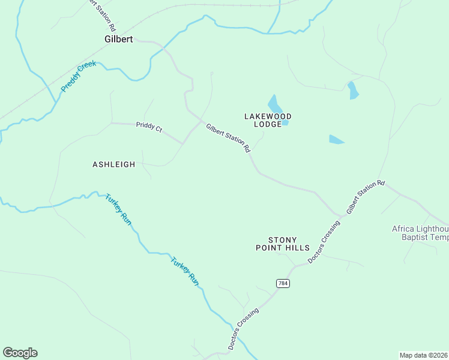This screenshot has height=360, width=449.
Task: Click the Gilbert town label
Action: (118, 39)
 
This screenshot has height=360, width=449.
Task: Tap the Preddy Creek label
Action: (78, 76)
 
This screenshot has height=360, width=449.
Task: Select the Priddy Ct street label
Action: (149, 127)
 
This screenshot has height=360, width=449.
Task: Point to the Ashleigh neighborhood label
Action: (113, 164)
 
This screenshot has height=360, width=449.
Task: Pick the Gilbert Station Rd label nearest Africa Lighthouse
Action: (365, 197)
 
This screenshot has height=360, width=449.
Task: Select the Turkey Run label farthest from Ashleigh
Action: (184, 271)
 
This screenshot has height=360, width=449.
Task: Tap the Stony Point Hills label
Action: (283, 243)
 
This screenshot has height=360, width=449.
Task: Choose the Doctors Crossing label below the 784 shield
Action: (243, 329)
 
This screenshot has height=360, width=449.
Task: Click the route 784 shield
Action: (283, 283)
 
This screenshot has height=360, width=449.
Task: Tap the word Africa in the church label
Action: (406, 229)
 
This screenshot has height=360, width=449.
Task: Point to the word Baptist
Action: (416, 237)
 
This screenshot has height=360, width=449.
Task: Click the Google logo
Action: (20, 353)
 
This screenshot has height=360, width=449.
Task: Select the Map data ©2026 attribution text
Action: (423, 355)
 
